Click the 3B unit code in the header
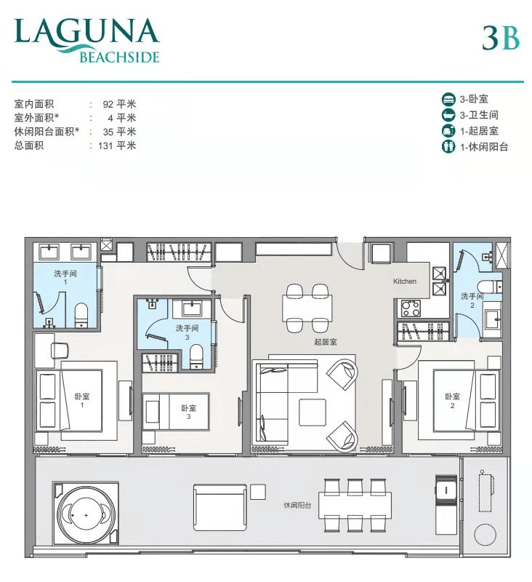[501, 39]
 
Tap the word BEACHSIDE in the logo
[119, 57]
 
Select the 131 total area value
[105, 145]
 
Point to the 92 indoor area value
[108, 104]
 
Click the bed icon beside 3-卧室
[448, 100]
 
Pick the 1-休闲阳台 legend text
[484, 147]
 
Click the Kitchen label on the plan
[405, 282]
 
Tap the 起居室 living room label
[326, 342]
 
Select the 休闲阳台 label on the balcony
[297, 505]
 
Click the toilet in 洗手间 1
[81, 315]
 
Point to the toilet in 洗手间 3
[196, 356]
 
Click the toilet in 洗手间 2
[489, 287]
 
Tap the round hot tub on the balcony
[86, 515]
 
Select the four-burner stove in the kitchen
[411, 308]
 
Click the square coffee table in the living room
[313, 412]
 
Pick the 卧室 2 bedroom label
[452, 401]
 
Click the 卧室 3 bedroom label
[189, 412]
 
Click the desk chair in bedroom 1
[60, 351]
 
